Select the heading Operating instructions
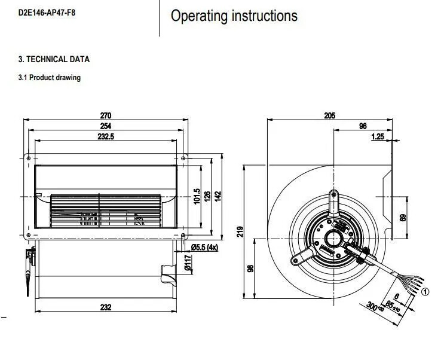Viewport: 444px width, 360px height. [x=234, y=16]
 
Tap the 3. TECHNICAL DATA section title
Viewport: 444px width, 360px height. [x=54, y=60]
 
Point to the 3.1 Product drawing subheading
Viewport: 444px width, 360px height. [x=50, y=78]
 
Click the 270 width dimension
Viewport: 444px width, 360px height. [x=106, y=115]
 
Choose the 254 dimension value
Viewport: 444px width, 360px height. [x=106, y=126]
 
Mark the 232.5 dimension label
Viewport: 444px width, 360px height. [x=106, y=137]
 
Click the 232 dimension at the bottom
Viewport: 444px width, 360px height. [x=106, y=307]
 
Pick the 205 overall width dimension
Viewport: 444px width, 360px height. [x=329, y=115]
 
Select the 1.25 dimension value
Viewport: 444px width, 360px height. [x=377, y=137]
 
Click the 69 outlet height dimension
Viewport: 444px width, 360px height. [x=403, y=218]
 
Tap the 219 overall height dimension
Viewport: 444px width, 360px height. [x=240, y=231]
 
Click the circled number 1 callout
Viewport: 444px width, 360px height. [x=425, y=292]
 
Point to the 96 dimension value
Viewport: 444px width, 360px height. [x=363, y=126]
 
